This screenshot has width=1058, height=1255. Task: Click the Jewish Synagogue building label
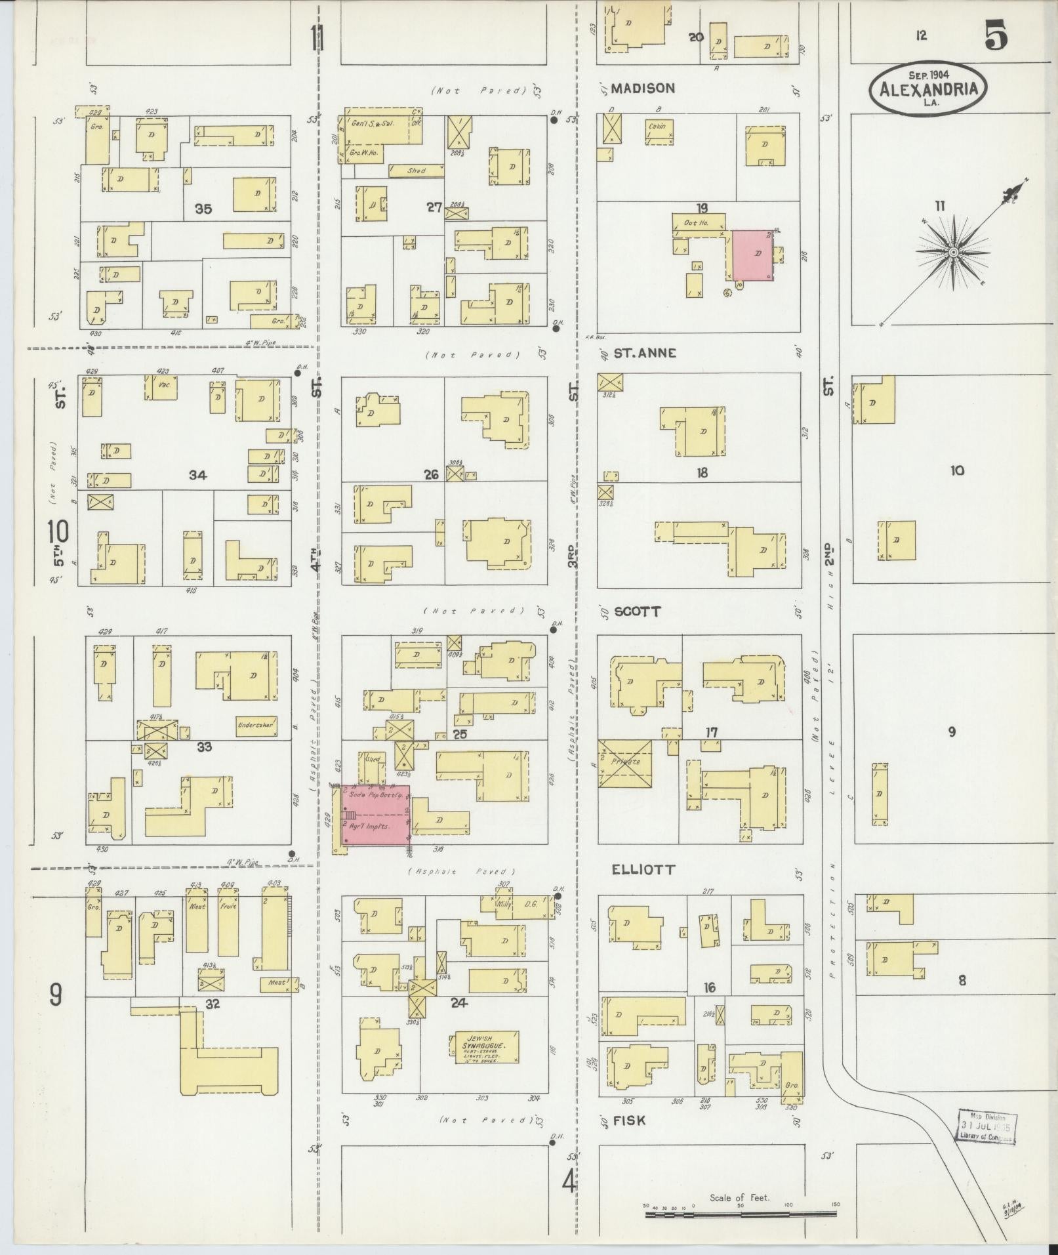[484, 1042]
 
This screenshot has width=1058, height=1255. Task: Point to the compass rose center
[954, 252]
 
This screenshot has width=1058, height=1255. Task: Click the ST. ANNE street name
[645, 353]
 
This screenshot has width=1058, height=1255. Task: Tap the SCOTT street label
[638, 611]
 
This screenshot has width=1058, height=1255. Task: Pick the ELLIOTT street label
[643, 870]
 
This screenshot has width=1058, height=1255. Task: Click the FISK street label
[629, 1121]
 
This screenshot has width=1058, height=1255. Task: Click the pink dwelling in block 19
[752, 255]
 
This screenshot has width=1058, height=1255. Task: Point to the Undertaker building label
[254, 725]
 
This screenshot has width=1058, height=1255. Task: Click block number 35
[203, 209]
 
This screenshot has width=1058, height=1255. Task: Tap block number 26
[431, 474]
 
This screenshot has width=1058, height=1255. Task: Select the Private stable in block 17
[625, 763]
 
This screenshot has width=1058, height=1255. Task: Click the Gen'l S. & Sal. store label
[373, 123]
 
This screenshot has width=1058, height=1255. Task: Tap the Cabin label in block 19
[657, 126]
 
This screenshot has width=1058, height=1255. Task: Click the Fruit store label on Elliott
[228, 906]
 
